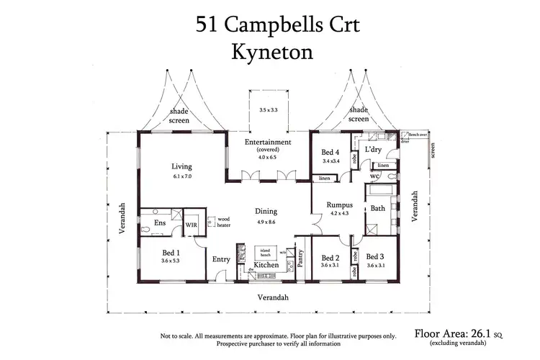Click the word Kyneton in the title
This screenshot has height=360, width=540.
[269, 53]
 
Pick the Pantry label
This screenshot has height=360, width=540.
[301, 258]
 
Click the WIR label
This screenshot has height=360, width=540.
[192, 225]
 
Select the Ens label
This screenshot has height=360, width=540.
[160, 223]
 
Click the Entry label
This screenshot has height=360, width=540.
[220, 260]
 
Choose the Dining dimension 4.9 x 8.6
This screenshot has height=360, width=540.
[266, 222]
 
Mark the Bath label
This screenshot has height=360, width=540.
[377, 208]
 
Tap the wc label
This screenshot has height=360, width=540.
[374, 175]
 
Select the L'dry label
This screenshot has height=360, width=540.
[373, 148]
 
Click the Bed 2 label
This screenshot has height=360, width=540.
[330, 258]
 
